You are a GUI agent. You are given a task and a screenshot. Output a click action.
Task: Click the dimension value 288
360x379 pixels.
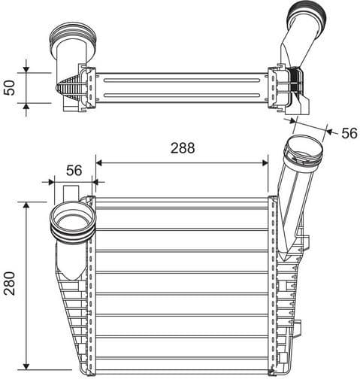[x=181, y=148]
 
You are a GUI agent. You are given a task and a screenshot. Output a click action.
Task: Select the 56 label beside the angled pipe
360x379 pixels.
[x=349, y=133]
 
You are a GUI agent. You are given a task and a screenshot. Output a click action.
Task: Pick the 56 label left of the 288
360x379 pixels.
[x=74, y=170]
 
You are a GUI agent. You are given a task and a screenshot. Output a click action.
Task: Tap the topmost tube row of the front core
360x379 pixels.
[x=181, y=203]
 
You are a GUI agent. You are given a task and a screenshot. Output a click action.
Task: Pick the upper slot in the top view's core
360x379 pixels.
[x=181, y=80]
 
